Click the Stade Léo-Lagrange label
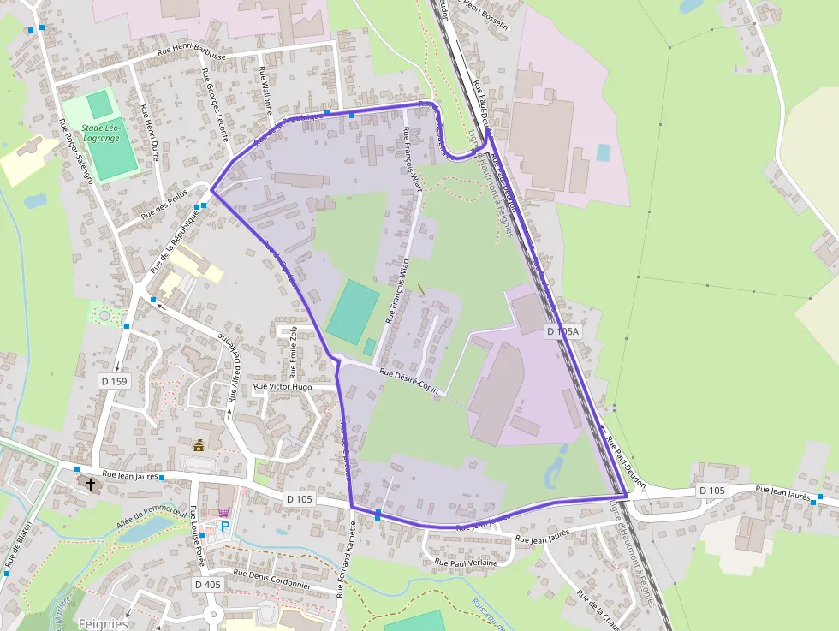[101, 133]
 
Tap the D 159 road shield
[114, 380]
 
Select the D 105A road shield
[562, 331]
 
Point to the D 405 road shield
[208, 584]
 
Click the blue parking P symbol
[226, 526]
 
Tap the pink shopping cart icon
[224, 511]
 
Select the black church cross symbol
[91, 484]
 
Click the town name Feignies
[103, 623]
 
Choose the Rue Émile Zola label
[293, 351]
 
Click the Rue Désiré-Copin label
[409, 380]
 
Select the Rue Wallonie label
[265, 92]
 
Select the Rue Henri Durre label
[150, 133]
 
